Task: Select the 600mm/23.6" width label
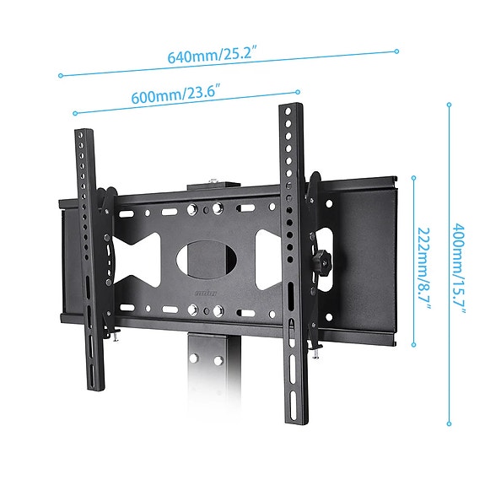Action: pyautogui.click(x=175, y=95)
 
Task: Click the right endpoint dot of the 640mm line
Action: pyautogui.click(x=396, y=51)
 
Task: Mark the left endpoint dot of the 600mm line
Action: pyautogui.click(x=75, y=113)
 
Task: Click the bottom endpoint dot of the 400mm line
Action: pyautogui.click(x=449, y=424)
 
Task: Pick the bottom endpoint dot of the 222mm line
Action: pyautogui.click(x=413, y=345)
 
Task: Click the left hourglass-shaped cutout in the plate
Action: pyautogui.click(x=135, y=256)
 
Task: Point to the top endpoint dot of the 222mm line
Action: pyautogui.click(x=413, y=177)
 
